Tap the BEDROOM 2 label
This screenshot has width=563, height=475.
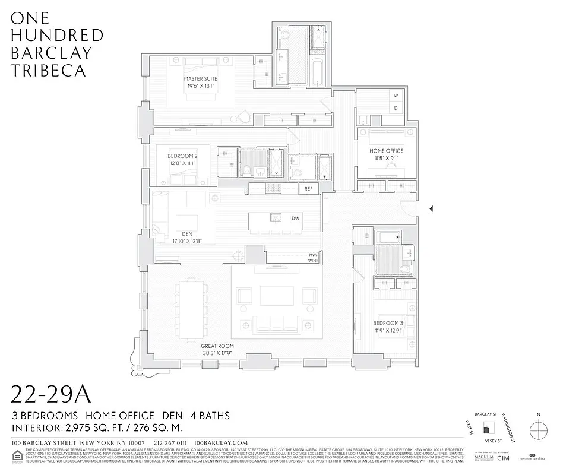[x=182, y=157]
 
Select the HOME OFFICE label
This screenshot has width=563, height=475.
[x=387, y=151]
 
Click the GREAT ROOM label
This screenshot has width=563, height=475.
[x=217, y=346]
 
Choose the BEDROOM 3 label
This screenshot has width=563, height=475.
[x=388, y=323]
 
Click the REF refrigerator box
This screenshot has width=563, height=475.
[x=308, y=189]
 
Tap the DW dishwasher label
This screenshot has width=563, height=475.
[x=295, y=218]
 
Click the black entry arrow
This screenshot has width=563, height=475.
[x=432, y=208]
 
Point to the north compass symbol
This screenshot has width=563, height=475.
[x=537, y=429]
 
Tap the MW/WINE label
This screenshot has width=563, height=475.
[x=313, y=258]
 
